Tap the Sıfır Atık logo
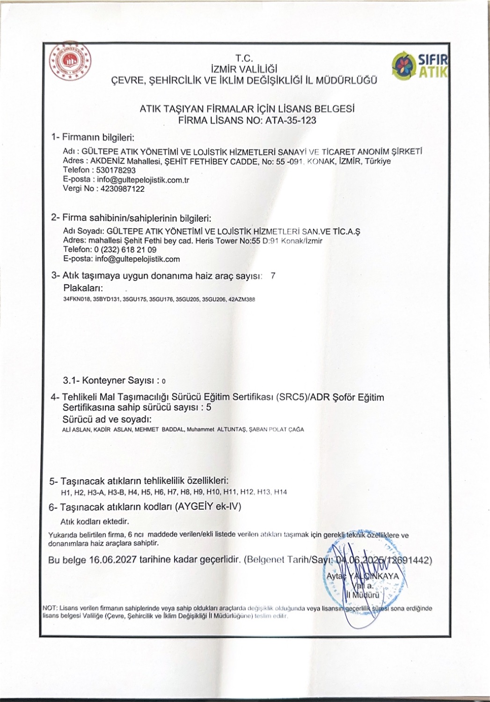(x=420, y=66)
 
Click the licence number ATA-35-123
(x=291, y=120)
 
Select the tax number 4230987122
(x=121, y=189)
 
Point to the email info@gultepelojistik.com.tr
(x=143, y=180)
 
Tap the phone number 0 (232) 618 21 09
(x=125, y=249)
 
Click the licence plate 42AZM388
(x=242, y=300)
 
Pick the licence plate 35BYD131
(x=106, y=300)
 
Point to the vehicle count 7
(x=273, y=276)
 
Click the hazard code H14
(x=280, y=492)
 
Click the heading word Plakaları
(x=83, y=288)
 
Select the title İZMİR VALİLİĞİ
(x=244, y=69)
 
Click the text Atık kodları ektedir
(x=95, y=521)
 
